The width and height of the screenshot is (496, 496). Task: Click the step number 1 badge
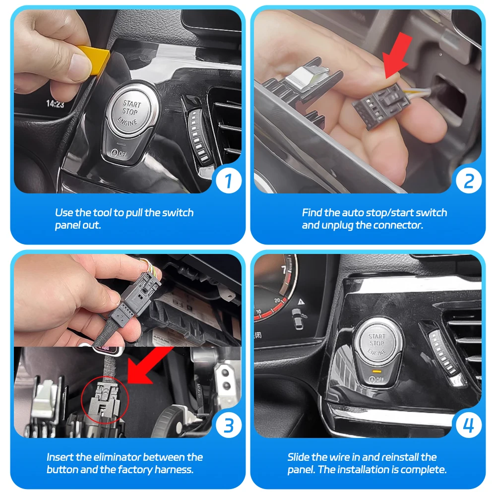coord(229,181)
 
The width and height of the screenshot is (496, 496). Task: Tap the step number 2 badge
coord(469,181)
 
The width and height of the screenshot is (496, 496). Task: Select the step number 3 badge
coord(229,426)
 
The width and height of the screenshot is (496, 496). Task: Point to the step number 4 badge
coord(469,426)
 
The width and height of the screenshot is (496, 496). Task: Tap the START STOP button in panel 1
coord(131,112)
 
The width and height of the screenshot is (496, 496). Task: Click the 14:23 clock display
coord(55,104)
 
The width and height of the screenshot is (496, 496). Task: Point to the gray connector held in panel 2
coord(381,104)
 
